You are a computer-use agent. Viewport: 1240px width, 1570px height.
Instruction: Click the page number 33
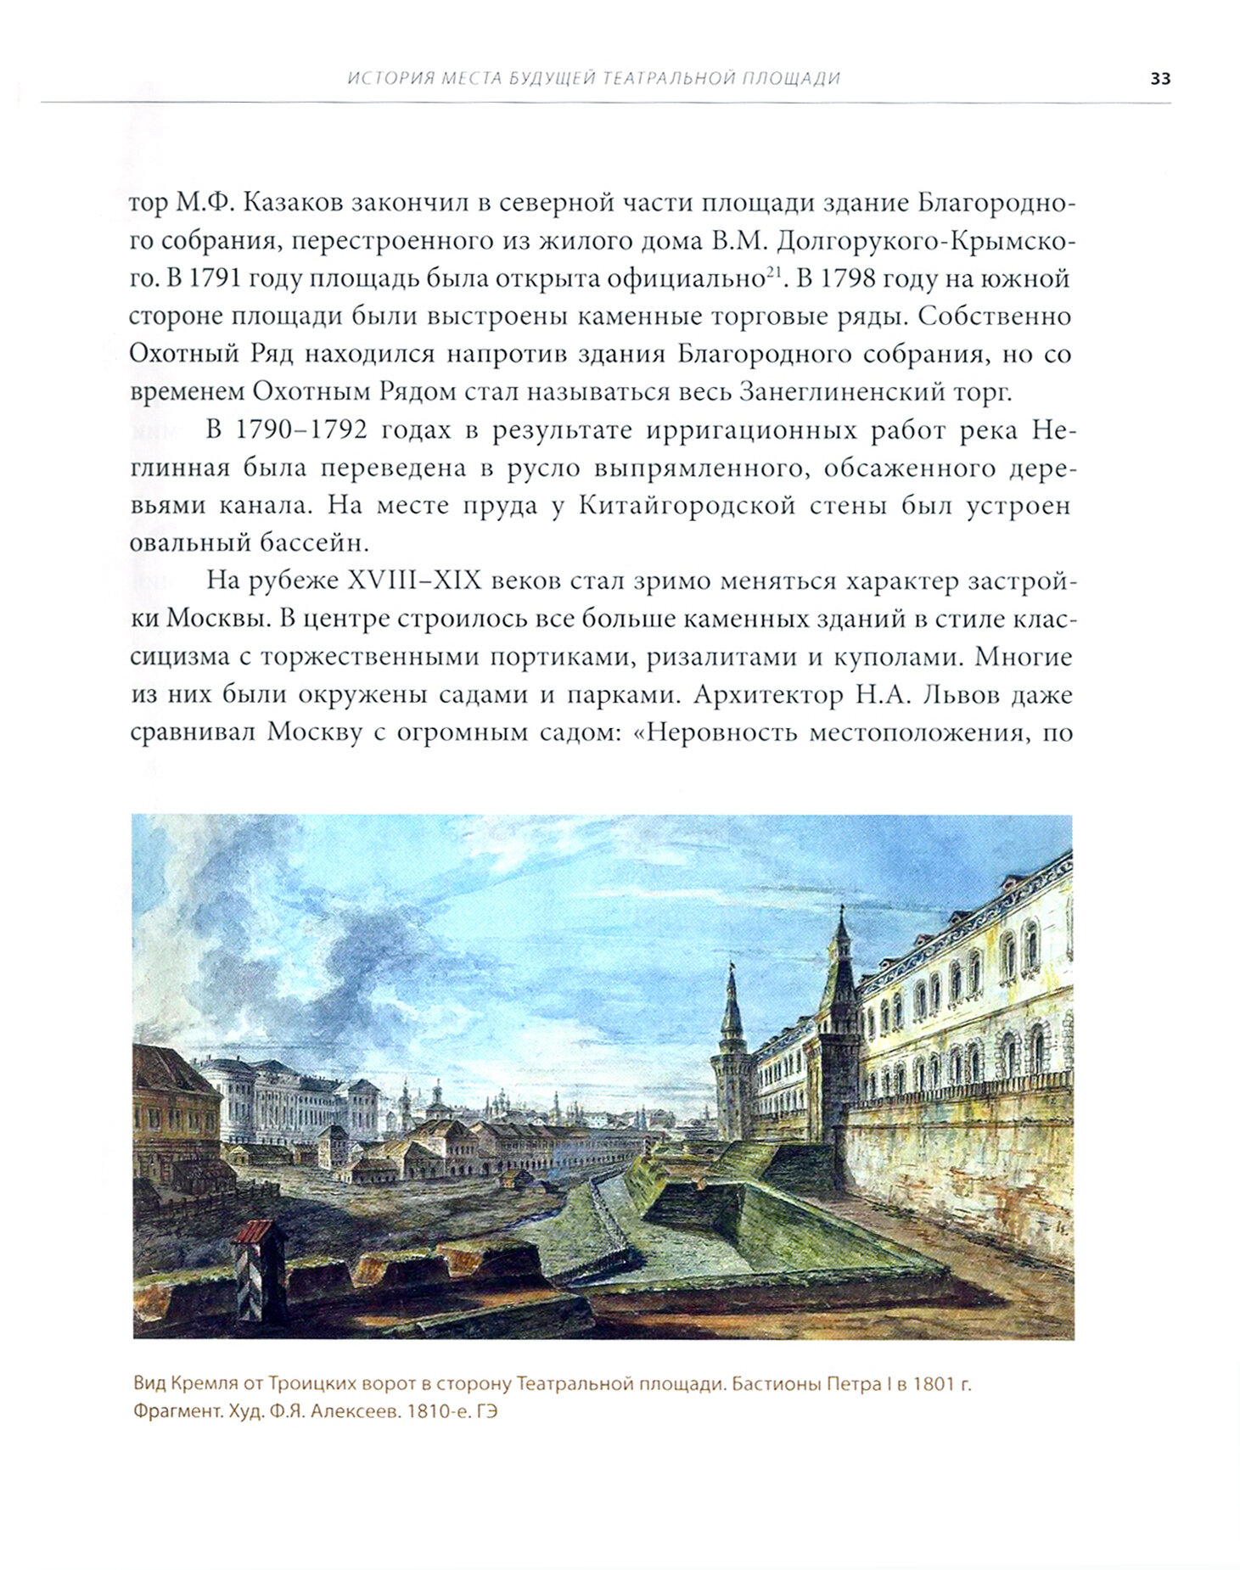1159,79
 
